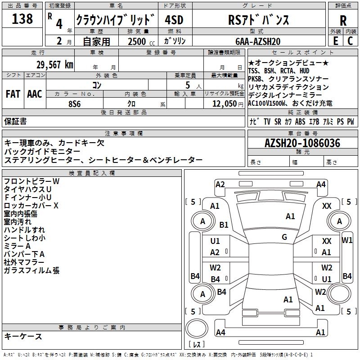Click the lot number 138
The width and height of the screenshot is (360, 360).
tap(22, 19)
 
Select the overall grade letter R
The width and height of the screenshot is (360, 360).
tap(343, 21)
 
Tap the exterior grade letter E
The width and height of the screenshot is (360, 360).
tap(335, 40)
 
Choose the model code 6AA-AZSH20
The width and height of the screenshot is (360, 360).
tap(258, 41)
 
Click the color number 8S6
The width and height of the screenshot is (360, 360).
tap(75, 103)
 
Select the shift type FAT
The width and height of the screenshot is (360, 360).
tap(13, 94)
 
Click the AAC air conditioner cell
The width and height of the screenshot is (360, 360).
tap(35, 94)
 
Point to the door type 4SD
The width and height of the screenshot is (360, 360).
tap(174, 20)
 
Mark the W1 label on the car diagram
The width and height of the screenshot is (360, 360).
tap(347, 240)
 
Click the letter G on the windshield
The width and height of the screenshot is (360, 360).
tap(284, 237)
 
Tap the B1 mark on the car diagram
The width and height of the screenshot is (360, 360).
tap(224, 225)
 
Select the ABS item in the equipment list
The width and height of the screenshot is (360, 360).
tap(300, 121)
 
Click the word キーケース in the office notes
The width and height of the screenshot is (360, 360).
tap(23, 336)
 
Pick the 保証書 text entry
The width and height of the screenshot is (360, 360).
tap(15, 121)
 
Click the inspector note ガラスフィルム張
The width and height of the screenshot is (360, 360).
tap(31, 270)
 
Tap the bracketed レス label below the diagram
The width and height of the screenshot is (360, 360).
tap(196, 345)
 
